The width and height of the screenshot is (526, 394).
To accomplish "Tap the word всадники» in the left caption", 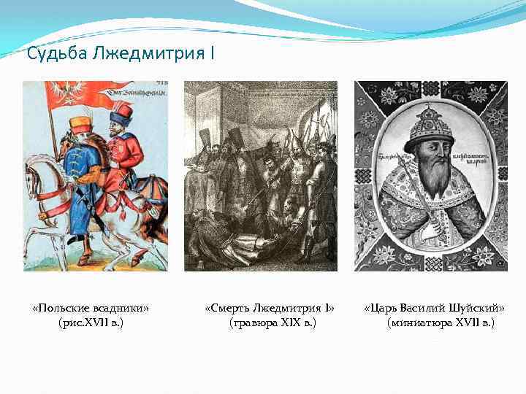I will [x=121, y=307].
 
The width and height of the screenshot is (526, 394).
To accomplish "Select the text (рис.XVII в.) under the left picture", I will [x=91, y=322].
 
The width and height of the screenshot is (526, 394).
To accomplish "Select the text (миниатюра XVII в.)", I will [x=441, y=322].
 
